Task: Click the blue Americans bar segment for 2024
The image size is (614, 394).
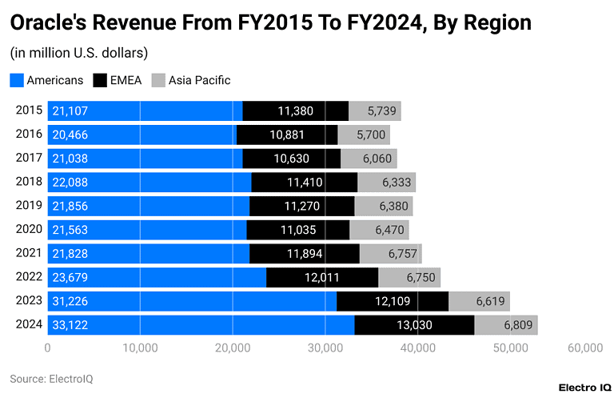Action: (200, 325)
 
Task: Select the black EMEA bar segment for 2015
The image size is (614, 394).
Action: (295, 111)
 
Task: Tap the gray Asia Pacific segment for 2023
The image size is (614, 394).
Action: (479, 301)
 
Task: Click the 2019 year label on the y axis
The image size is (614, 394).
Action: (29, 206)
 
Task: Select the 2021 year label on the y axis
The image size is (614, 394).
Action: (29, 253)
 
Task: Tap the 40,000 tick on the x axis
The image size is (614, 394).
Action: (417, 348)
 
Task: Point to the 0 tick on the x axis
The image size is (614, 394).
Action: (48, 348)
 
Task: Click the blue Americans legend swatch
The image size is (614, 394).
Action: (17, 80)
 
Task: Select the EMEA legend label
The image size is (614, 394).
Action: (126, 80)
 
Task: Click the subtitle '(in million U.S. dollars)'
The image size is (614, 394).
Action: (78, 54)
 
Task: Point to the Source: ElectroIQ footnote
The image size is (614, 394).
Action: (51, 378)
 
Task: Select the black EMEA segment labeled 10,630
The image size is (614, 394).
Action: (291, 159)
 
